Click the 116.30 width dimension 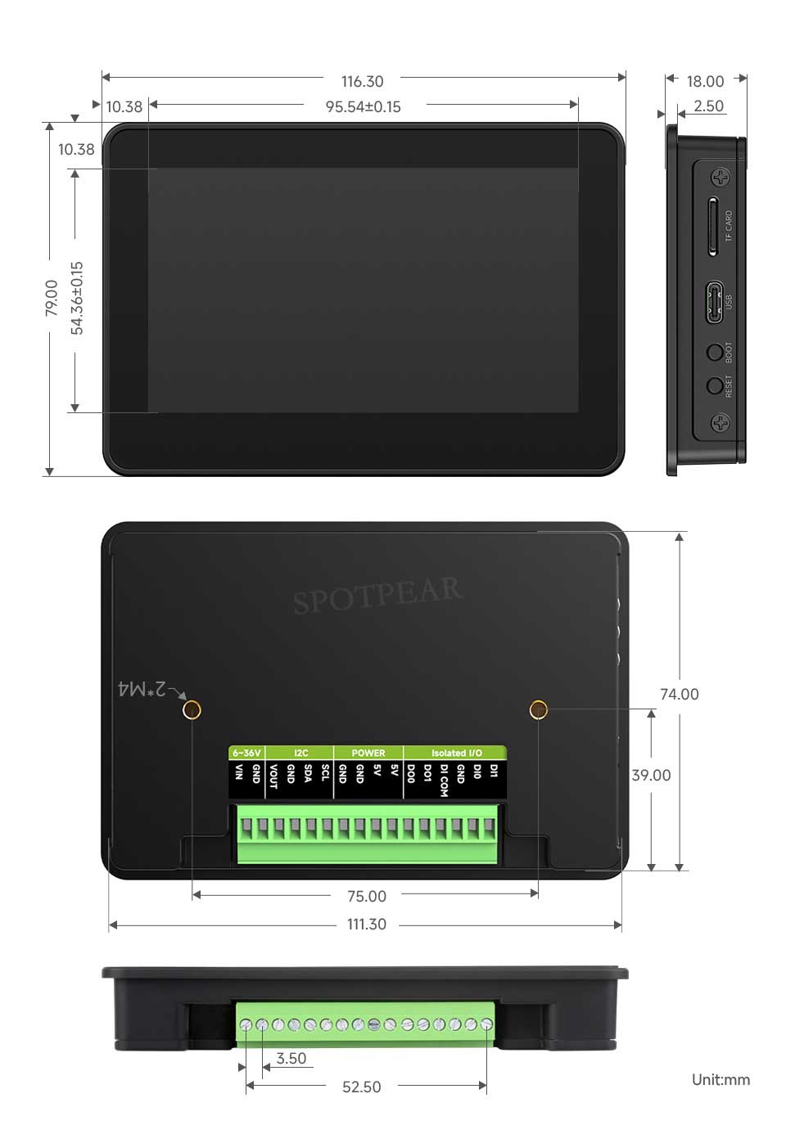coord(362,81)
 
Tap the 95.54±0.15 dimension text coord(364,107)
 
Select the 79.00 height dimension coord(52,298)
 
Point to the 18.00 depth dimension coord(705,81)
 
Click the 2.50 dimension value coord(708,106)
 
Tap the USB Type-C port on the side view coord(715,302)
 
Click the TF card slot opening coord(712,227)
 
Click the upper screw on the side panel coord(720,178)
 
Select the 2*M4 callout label coord(142,689)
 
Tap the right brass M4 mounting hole coord(539,709)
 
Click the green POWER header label coord(368,753)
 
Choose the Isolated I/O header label coord(456,753)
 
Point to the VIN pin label coord(239,772)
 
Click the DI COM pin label coord(444,780)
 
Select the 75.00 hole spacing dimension coord(367,896)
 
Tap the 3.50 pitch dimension coord(291,1058)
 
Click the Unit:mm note coord(720,1079)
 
